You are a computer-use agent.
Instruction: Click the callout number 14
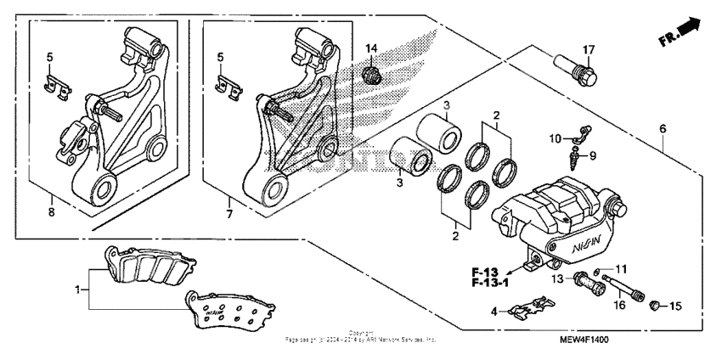(x=370, y=47)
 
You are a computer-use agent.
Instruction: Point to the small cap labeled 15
(x=656, y=305)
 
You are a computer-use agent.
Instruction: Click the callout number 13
(x=556, y=278)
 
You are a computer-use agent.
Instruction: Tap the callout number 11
(x=620, y=268)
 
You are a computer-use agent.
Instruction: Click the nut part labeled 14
(x=370, y=75)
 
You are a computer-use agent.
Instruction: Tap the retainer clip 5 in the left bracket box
(x=58, y=85)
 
